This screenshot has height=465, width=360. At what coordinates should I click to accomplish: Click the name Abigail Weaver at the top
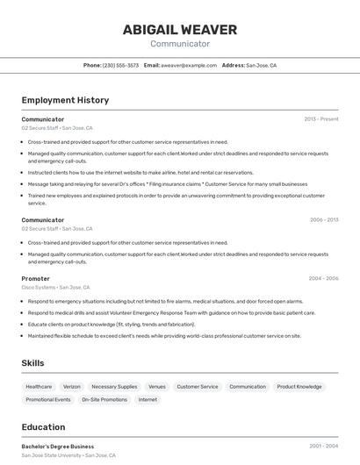tap(179, 30)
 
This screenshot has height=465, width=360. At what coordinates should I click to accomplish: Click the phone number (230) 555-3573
tap(120, 65)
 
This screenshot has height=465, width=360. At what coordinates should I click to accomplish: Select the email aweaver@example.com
tap(188, 65)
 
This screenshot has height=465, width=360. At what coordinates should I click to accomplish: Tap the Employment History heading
tap(65, 100)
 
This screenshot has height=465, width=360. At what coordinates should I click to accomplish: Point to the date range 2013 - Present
tap(321, 119)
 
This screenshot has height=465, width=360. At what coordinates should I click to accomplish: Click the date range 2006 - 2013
tap(323, 220)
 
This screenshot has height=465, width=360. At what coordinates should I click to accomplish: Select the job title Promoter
tap(36, 278)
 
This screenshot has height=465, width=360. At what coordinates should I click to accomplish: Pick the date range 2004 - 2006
tap(323, 278)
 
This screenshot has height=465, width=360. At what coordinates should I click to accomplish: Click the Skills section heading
tap(33, 362)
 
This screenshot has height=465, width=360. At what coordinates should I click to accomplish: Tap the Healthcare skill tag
tap(39, 386)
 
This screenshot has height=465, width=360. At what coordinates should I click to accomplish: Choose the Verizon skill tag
tap(72, 386)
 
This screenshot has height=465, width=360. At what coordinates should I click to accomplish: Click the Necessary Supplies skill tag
tap(114, 386)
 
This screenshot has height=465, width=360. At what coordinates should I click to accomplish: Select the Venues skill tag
tap(157, 386)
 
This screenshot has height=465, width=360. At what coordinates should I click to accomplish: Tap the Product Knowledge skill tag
tap(299, 386)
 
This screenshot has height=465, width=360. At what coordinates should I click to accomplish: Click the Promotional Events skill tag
tap(48, 399)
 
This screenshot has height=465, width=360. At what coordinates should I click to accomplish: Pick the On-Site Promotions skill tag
tap(104, 399)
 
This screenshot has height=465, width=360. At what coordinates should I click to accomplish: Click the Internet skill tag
tap(148, 399)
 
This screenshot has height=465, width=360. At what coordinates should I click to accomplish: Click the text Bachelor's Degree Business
tap(58, 447)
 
